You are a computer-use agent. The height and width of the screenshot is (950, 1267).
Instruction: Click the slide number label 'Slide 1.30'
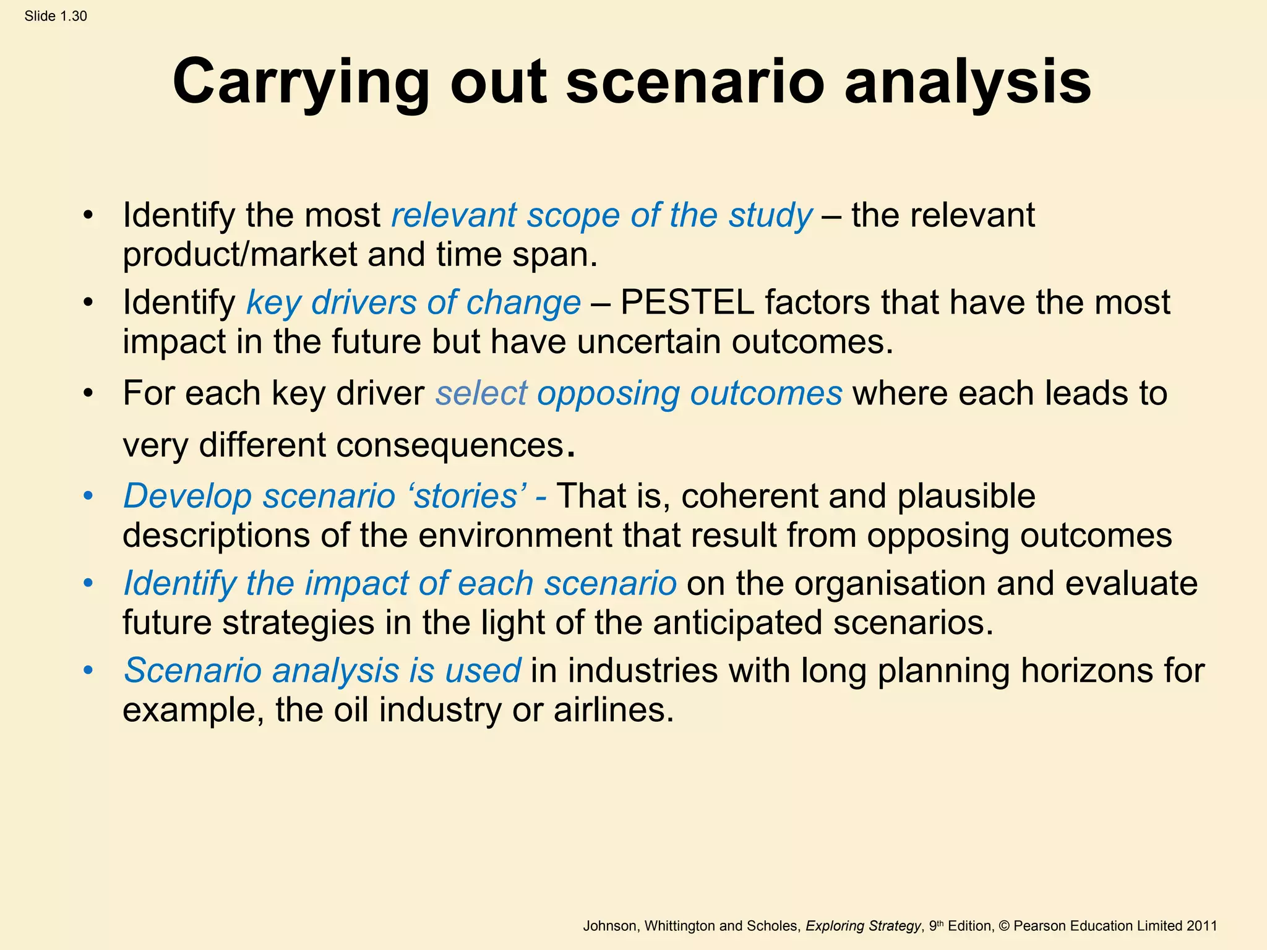coord(56,16)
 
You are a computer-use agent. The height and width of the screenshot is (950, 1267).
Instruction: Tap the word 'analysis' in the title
coord(968,83)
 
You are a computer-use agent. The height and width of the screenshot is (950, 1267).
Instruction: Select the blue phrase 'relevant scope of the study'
coord(601,216)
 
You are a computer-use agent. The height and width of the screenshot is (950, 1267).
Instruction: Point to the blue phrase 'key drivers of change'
coord(413,303)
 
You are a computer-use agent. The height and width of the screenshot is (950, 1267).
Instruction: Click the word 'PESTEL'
coord(687,303)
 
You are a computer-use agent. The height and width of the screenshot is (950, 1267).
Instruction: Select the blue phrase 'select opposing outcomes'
coord(638,393)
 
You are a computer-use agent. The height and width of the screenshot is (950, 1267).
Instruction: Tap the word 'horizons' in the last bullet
coord(1085,670)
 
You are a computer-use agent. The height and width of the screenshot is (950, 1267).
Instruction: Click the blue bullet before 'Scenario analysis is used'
coord(88,670)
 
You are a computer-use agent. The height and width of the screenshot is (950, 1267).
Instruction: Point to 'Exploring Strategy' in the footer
coord(863,926)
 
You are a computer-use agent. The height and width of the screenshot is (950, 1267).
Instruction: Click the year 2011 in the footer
coord(1201,926)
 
